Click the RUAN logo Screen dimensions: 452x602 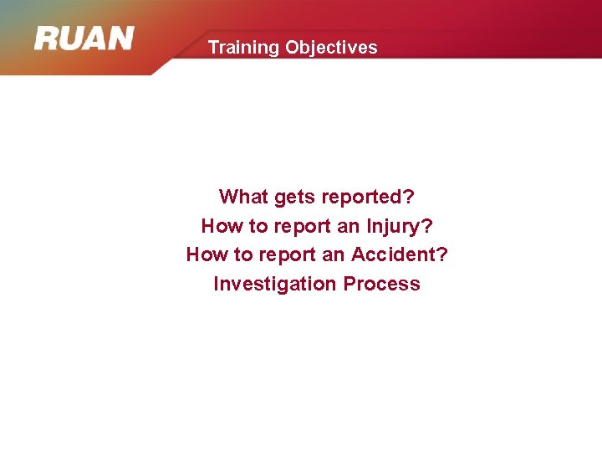[84, 39]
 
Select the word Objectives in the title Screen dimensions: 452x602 [331, 48]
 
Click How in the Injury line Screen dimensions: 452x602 [220, 226]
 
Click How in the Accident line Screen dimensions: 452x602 [205, 254]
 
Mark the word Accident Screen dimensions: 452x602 [392, 254]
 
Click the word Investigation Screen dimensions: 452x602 [274, 284]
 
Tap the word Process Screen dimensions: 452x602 [381, 284]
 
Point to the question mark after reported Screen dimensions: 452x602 [409, 197]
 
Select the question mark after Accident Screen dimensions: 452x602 [443, 254]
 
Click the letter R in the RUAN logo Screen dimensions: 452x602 [47, 39]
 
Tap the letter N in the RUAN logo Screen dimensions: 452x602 [120, 39]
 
